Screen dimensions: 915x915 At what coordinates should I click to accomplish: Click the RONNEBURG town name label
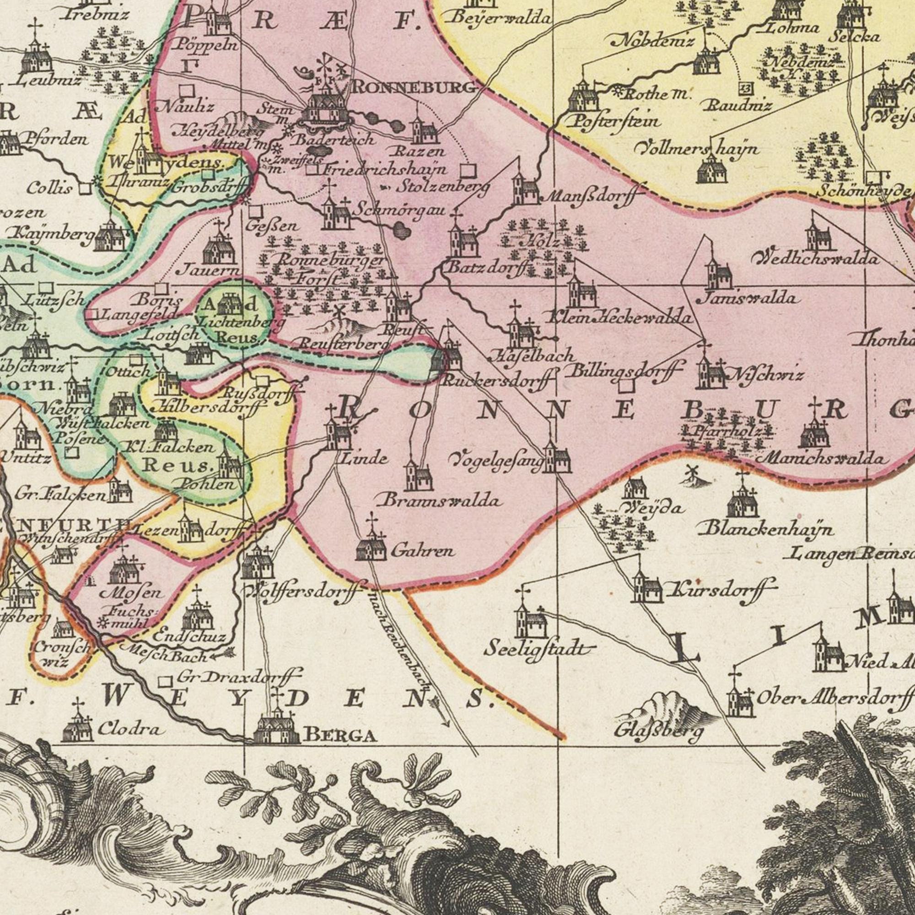[413, 87]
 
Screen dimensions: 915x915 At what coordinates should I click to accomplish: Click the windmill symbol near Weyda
[692, 473]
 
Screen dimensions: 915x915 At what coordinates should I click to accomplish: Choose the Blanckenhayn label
[769, 529]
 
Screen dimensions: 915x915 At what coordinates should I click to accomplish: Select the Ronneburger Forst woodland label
[327, 268]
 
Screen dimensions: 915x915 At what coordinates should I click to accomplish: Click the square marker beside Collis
[85, 188]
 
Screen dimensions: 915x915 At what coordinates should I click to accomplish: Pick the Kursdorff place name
[722, 589]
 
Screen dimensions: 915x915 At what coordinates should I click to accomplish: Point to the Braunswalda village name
[439, 501]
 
